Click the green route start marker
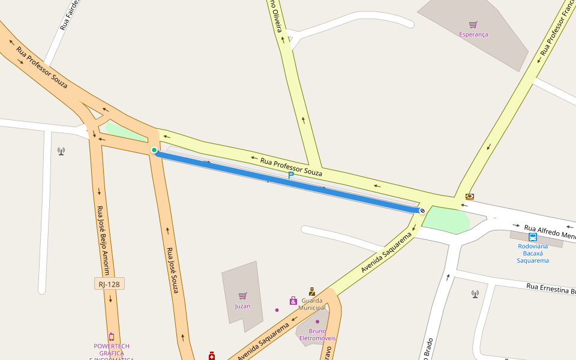point(154,150)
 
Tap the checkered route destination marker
point(422,210)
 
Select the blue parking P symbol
point(291,175)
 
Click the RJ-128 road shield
point(109,284)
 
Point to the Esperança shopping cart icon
point(473,25)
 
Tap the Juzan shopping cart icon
point(242,296)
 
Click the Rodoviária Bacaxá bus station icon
point(533,237)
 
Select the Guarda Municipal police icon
point(312,292)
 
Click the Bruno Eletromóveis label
point(317,334)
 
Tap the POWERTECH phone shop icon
point(111,337)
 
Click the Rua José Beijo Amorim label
point(104,235)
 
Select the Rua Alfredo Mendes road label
point(550,232)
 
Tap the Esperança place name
point(473,35)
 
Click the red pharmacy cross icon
point(212,356)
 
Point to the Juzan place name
point(242,306)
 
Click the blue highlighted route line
point(288,181)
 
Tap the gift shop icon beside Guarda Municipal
point(293,301)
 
